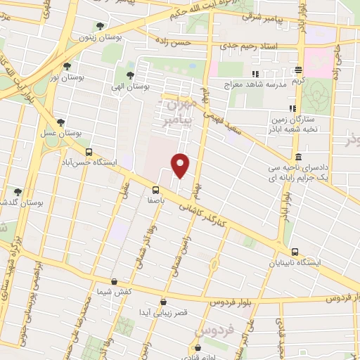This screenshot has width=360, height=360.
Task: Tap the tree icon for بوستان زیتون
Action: point(100,27)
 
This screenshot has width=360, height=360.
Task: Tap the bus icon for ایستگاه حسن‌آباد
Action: point(89,151)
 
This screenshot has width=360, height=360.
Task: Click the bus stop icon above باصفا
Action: point(155,189)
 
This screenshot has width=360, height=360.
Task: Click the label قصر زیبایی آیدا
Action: point(163,311)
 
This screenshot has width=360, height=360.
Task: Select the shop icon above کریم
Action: point(299,70)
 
